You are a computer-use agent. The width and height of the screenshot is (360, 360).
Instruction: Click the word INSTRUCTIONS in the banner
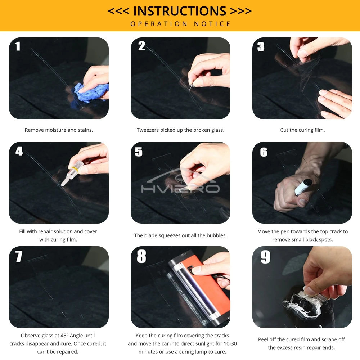coord(180,11)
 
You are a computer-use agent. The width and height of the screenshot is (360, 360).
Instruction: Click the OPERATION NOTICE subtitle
coord(180,24)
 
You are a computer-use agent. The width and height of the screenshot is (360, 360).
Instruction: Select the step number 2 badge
coord(141,46)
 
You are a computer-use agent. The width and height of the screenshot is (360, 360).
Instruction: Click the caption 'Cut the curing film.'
coord(302,130)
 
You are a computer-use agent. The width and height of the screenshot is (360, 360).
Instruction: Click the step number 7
coord(19,256)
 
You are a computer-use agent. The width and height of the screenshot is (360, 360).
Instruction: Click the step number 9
coord(265,257)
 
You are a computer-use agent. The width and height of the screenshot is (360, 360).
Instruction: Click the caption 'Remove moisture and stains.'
coord(59,130)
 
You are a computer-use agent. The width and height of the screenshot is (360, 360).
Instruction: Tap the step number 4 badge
coord(19,151)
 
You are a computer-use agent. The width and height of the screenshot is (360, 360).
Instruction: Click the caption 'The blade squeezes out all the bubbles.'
coord(180,235)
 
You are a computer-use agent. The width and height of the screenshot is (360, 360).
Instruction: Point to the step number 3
coord(261,46)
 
